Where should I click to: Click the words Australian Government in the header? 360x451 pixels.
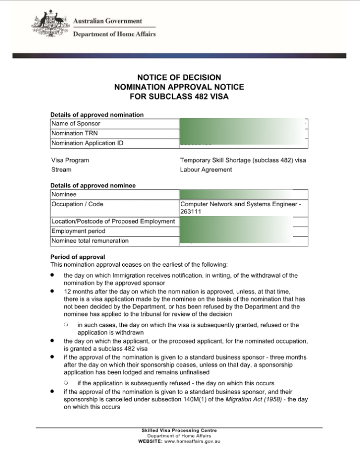[x=107, y=21]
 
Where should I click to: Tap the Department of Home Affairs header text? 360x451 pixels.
[x=114, y=34]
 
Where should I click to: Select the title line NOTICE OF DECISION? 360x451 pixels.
[x=179, y=77]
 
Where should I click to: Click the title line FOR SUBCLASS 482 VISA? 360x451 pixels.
[x=179, y=96]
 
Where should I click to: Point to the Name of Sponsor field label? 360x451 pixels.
[x=76, y=124]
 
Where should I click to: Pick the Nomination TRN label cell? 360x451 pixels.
[x=73, y=133]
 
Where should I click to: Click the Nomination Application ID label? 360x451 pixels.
[x=87, y=143]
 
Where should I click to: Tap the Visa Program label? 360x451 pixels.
[x=70, y=160]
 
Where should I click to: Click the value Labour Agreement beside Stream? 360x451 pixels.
[x=206, y=170]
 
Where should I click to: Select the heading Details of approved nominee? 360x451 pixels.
[x=92, y=185]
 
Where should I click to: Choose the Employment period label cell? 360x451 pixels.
[x=78, y=231]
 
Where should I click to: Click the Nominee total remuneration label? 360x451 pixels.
[x=90, y=241]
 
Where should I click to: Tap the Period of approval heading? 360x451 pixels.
[x=77, y=257]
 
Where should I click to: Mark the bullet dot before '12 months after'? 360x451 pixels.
[x=52, y=291]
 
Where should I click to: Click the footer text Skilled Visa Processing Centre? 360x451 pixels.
[x=179, y=431]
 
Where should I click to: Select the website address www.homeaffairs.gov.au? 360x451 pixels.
[x=193, y=441]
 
